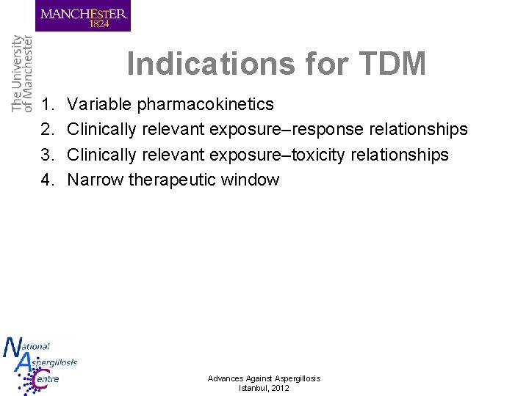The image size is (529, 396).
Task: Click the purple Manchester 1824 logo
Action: (x=83, y=16)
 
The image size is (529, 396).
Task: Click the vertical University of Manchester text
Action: (x=22, y=73)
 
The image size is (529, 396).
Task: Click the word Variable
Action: (x=95, y=105)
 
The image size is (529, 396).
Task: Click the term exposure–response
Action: (x=276, y=130)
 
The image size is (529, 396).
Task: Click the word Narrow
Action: (x=96, y=180)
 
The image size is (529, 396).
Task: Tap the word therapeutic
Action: (x=173, y=180)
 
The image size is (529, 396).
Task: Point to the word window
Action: (x=251, y=180)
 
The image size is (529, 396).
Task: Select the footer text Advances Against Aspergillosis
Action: (x=264, y=378)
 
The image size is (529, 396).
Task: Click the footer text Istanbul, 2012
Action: (x=264, y=388)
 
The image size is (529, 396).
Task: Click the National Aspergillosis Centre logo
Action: (x=38, y=365)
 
